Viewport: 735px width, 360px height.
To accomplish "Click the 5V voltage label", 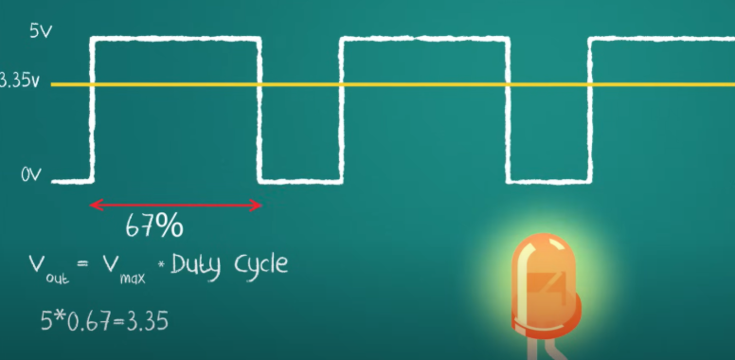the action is point(40,31).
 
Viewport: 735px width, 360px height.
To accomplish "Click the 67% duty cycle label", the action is point(153,226).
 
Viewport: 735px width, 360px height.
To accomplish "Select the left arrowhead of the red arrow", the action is point(94,205).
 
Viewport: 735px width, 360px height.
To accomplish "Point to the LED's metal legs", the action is point(554,350).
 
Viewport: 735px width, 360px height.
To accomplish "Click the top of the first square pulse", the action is point(175,39).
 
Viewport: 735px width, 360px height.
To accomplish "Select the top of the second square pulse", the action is point(424,39).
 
